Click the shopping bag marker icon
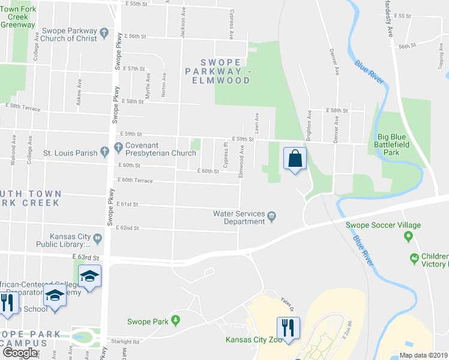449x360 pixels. point(295,158)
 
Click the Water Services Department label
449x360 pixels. point(239,217)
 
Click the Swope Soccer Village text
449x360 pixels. point(383,226)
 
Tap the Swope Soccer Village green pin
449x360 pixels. point(409,236)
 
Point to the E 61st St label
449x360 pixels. point(127,205)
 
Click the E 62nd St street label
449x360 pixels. point(128,228)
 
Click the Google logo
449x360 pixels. point(20,353)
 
